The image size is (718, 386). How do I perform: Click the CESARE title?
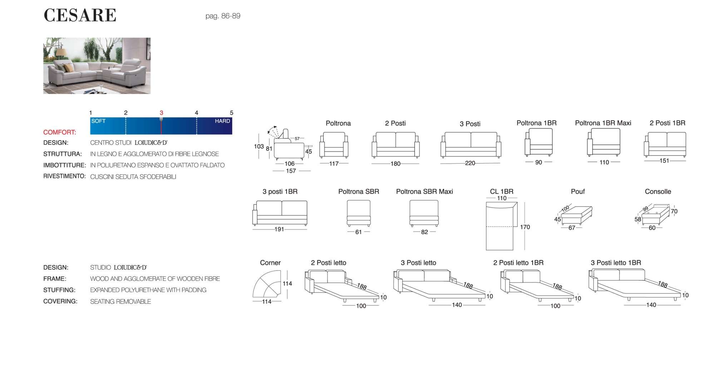[x=80, y=15]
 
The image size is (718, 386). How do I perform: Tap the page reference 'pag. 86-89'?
[x=223, y=16]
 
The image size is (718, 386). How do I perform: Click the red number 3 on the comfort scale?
[x=161, y=113]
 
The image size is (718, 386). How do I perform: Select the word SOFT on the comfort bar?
[x=98, y=121]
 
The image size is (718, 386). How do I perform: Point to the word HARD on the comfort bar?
[x=222, y=121]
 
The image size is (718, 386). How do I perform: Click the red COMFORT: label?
[x=60, y=132]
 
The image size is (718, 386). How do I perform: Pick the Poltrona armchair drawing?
[x=334, y=145]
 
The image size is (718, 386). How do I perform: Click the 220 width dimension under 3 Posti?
[x=470, y=163]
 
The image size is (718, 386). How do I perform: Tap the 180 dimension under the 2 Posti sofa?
[x=395, y=164]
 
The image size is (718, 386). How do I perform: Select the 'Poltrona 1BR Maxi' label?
[x=603, y=123]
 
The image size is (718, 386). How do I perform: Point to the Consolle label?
[x=658, y=192]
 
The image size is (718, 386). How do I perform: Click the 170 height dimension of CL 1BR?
[x=525, y=227]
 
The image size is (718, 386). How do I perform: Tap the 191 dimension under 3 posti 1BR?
[x=279, y=229]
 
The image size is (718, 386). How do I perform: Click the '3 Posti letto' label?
[x=418, y=263]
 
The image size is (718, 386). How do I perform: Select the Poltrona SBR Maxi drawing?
[x=424, y=213]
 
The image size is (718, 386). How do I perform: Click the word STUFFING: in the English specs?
[x=59, y=290]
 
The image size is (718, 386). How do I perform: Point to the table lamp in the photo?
[x=60, y=54]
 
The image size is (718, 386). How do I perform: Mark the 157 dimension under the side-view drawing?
[x=291, y=171]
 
